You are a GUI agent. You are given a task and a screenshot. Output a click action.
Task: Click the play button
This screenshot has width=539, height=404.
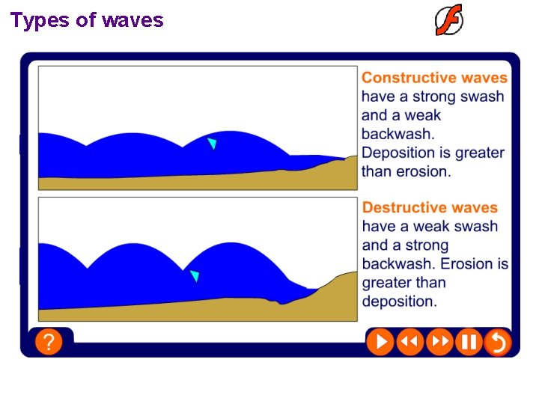380,343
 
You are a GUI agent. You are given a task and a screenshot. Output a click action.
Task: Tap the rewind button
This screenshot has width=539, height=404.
409,343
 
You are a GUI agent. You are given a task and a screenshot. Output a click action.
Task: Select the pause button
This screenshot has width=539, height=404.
469,343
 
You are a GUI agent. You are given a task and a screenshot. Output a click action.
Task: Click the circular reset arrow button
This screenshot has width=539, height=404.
497,343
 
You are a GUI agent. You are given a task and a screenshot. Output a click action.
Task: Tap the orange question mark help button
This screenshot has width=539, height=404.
49,343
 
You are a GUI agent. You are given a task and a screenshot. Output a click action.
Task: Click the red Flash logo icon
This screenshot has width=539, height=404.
449,20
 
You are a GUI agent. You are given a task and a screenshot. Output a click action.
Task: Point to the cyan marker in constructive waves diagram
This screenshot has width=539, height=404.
213,143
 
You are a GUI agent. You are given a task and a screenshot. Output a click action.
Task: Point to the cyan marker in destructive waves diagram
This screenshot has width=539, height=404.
195,276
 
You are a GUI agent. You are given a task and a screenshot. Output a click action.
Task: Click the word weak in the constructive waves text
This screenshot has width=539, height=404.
423,115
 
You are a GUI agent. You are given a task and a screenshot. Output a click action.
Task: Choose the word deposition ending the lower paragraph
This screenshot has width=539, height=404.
399,302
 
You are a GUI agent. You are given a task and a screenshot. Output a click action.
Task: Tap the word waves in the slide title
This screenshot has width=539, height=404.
133,20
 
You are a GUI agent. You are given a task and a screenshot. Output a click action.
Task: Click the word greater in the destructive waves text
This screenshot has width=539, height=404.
386,283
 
